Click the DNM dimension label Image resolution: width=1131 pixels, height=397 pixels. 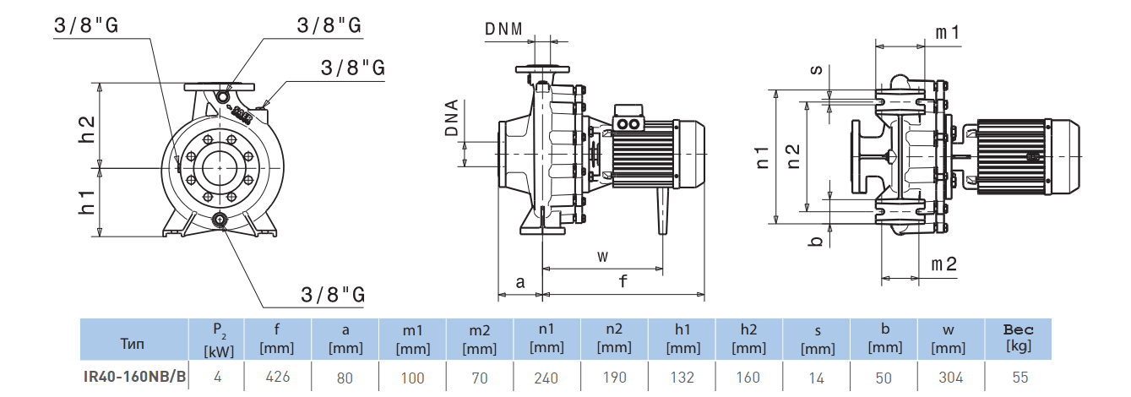coord(509,28)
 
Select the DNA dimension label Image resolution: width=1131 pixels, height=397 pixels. coord(452,118)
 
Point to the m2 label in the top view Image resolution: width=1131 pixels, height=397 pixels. coord(943,264)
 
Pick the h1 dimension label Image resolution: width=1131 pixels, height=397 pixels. coord(86,202)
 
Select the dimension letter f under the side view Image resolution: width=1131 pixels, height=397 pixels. coord(623,282)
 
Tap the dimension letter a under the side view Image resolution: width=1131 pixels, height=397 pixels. coord(520,282)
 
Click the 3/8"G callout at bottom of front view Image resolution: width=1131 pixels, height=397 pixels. coord(333,295)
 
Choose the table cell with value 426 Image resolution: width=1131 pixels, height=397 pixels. coord(277,377)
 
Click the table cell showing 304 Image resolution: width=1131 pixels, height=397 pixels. coord(950,377)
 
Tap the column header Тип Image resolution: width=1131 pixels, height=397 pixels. coord(133,344)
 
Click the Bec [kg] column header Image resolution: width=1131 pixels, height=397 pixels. coord(1017,338)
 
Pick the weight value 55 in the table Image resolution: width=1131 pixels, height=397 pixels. coord(1017,377)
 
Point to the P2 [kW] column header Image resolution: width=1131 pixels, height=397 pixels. coord(218,339)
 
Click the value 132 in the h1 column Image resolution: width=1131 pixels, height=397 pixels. coord(682,377)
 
